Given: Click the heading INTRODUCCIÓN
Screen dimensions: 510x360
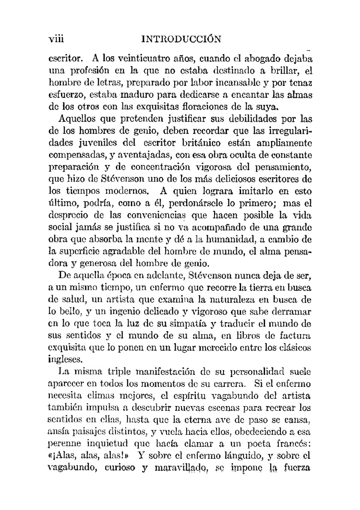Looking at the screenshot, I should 181,38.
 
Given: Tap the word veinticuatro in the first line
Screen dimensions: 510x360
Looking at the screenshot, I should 136,58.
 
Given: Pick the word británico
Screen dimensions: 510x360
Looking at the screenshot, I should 198,143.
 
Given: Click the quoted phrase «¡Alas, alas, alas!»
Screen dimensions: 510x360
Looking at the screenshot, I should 89,456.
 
